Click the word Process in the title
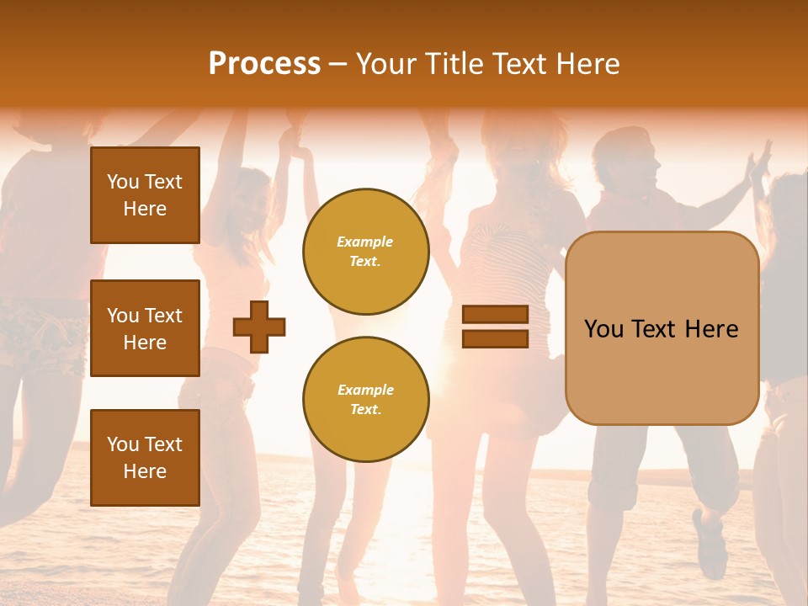tap(264, 64)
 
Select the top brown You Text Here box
tap(145, 195)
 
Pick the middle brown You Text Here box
tap(145, 328)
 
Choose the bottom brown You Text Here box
tap(145, 458)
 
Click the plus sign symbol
tap(259, 327)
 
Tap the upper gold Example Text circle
tap(365, 252)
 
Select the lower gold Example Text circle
tap(365, 400)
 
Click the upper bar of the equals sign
tap(495, 315)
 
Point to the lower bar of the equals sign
tap(495, 338)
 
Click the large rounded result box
tap(662, 328)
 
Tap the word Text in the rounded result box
tap(659, 329)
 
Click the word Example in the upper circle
tap(365, 242)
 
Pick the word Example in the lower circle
tap(365, 390)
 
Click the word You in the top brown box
tap(123, 182)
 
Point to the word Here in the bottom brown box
tap(145, 471)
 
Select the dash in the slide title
tap(338, 64)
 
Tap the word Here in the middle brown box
tap(145, 343)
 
